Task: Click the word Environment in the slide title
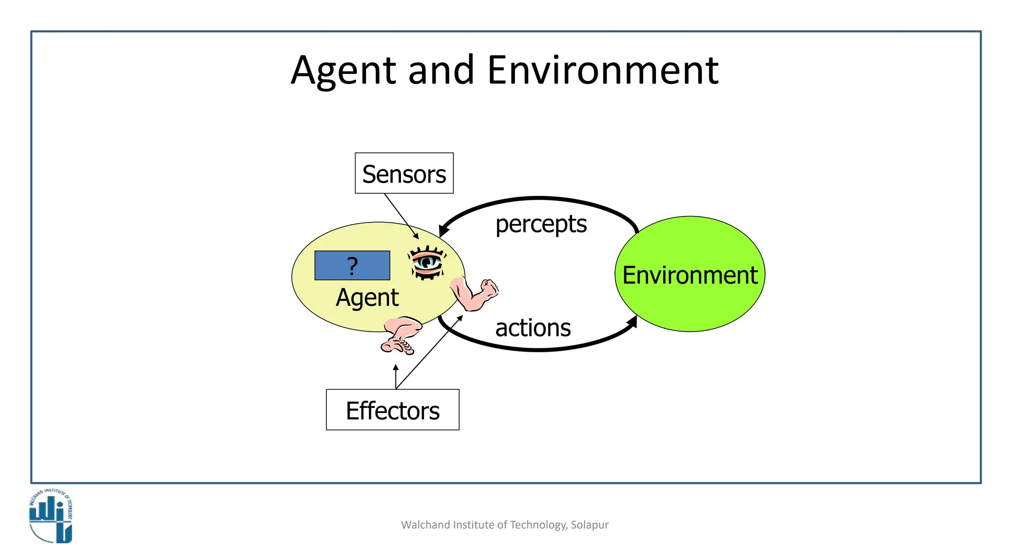click(603, 71)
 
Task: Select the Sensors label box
click(404, 173)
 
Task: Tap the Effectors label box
click(393, 410)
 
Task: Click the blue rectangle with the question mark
click(352, 265)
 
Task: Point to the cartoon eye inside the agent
click(427, 262)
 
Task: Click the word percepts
click(541, 224)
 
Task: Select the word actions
click(533, 328)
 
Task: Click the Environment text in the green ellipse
click(689, 275)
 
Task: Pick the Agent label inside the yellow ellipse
click(367, 297)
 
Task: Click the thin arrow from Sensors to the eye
click(400, 216)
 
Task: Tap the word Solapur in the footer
click(589, 525)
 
